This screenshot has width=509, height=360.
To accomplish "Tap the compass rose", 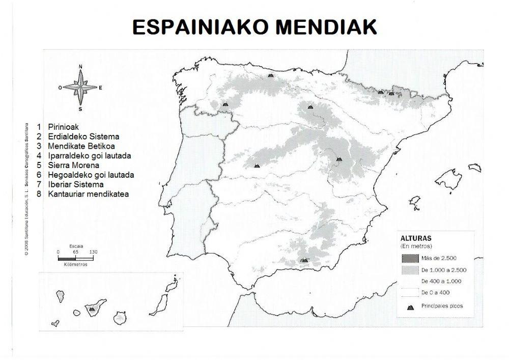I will [80, 88].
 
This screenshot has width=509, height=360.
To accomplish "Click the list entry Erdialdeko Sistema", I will [83, 136].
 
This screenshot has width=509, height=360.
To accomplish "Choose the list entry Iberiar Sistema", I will [76, 184].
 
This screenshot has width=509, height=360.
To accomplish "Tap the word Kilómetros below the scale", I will [76, 265].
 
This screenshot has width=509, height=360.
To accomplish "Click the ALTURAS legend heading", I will [416, 238].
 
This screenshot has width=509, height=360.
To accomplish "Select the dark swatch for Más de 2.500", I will [409, 258].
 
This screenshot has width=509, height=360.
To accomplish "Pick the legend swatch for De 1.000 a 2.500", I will [409, 270].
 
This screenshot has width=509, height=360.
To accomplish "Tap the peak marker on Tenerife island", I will [92, 309].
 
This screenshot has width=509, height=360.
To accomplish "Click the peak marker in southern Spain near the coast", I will [304, 260].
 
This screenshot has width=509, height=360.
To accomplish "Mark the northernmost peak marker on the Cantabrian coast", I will [271, 75].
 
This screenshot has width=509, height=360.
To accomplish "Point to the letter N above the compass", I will [80, 67].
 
